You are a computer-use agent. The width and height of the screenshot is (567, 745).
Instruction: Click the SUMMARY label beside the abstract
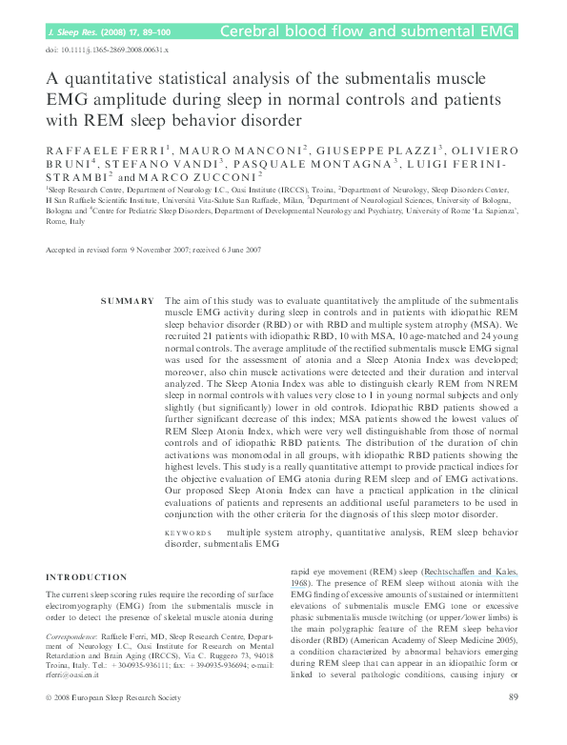pos(127,301)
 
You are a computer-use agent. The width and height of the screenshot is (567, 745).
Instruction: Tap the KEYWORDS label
pos(187,533)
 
